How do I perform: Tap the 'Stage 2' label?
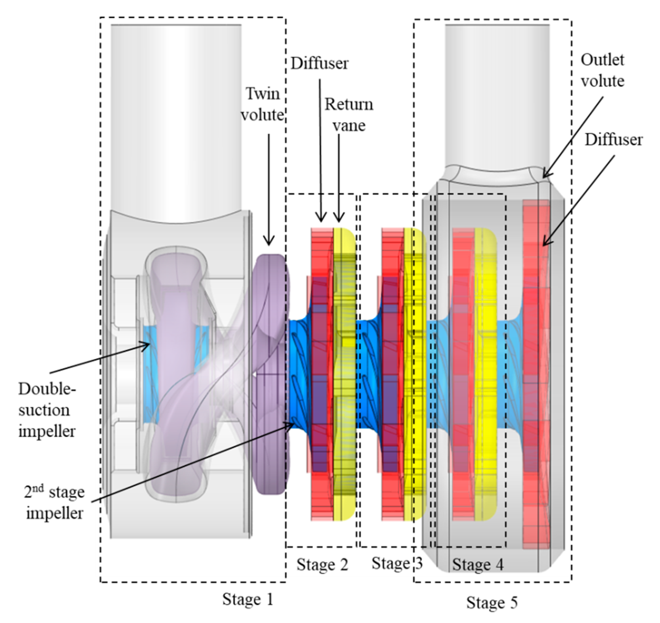click(322, 565)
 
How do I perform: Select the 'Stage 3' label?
click(397, 563)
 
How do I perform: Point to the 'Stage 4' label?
click(477, 565)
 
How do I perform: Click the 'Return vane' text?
click(349, 115)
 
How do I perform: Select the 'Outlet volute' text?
click(602, 70)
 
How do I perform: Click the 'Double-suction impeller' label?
click(46, 410)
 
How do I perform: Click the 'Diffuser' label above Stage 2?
click(320, 63)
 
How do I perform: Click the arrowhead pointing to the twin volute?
click(269, 243)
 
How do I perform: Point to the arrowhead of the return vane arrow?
click(339, 219)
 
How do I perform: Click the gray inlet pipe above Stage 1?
click(176, 116)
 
